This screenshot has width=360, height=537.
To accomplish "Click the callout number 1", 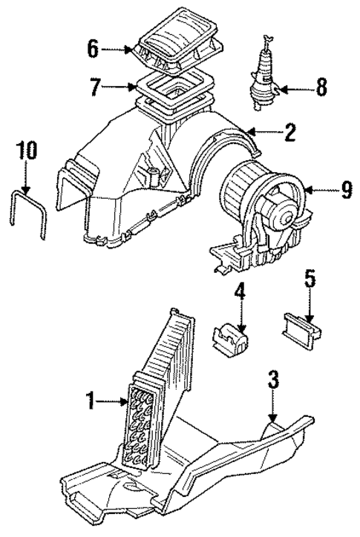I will pyautogui.click(x=91, y=403).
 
